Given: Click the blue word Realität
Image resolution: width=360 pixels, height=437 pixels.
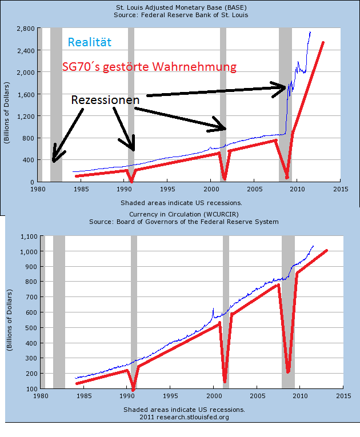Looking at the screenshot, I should point(89,42).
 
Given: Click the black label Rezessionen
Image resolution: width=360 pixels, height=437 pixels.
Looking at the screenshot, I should point(105,100).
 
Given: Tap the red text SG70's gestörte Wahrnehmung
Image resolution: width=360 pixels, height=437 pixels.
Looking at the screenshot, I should point(149,67).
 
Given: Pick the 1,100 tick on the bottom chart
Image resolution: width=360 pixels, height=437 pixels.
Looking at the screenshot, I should point(28,236).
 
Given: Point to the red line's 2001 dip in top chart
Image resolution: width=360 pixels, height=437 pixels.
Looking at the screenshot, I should point(225,178).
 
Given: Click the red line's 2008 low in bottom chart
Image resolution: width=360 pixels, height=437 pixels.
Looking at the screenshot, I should point(289,372).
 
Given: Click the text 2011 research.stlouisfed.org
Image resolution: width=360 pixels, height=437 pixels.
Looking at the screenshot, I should point(183,417).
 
